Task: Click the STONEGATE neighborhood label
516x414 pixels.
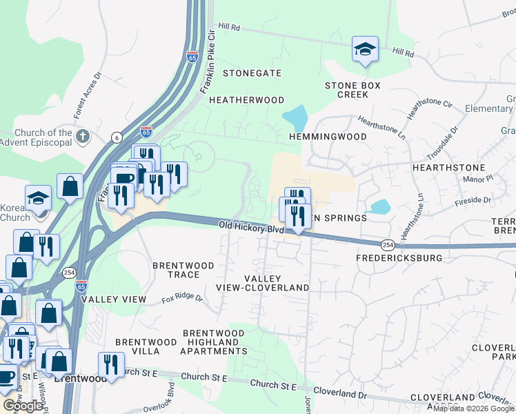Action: pyautogui.click(x=252, y=72)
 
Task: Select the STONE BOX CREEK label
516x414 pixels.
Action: pyautogui.click(x=353, y=90)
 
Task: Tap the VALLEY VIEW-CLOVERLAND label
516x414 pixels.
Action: pyautogui.click(x=271, y=283)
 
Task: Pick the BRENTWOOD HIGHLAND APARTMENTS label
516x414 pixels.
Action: pyautogui.click(x=213, y=342)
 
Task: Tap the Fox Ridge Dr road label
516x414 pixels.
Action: pyautogui.click(x=182, y=299)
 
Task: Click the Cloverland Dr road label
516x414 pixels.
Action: pyautogui.click(x=343, y=395)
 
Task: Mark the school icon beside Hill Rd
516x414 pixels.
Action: pyautogui.click(x=365, y=49)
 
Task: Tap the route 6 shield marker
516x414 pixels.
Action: pyautogui.click(x=117, y=138)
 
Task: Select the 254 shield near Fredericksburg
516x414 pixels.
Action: pyautogui.click(x=387, y=244)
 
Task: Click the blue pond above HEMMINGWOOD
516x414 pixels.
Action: pyautogui.click(x=296, y=118)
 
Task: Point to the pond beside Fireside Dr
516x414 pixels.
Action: pyautogui.click(x=379, y=206)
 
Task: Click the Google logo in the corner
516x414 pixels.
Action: pyautogui.click(x=23, y=406)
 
